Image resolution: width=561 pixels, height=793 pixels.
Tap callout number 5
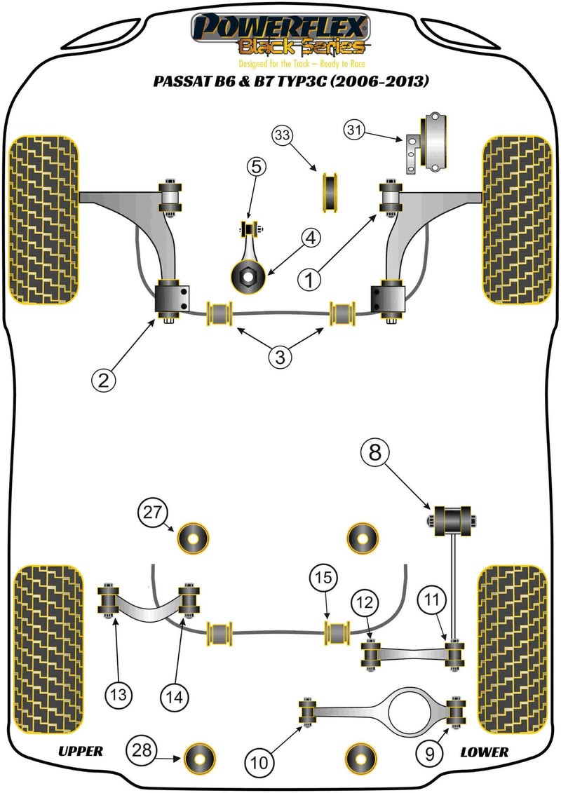coord(255,167)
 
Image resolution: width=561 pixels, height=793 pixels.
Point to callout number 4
coord(311,239)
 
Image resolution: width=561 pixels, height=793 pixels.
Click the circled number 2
coord(104,380)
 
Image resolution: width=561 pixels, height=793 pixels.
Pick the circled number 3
coord(279,357)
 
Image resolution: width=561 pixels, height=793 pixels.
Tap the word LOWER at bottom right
coord(484,752)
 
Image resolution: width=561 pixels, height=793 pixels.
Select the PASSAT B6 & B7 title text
coord(290,81)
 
